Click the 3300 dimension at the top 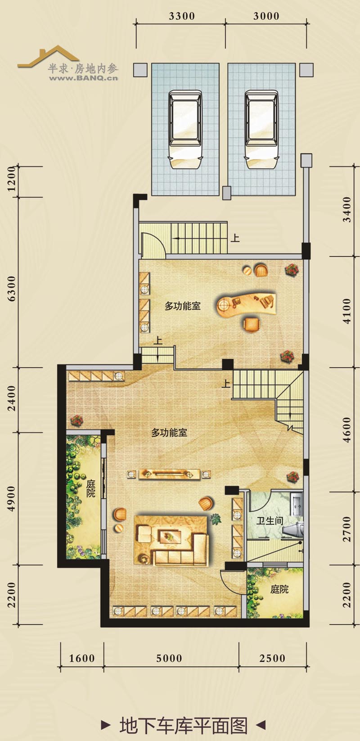click(181, 16)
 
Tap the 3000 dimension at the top click(266, 16)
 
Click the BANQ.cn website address click(83, 78)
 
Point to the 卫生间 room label click(270, 521)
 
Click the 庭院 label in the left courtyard click(90, 488)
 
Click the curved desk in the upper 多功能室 click(246, 304)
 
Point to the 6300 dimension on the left click(12, 289)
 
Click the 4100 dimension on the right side click(347, 311)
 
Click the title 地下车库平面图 click(184, 725)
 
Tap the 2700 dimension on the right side click(347, 529)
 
